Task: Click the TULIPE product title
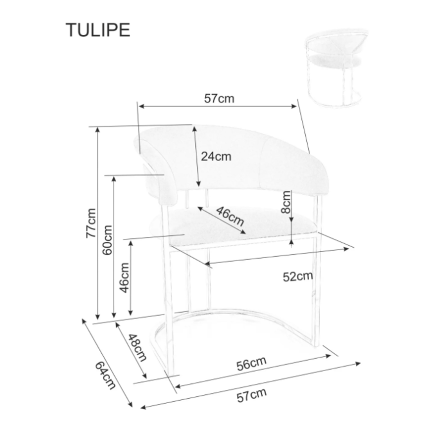tap(98, 30)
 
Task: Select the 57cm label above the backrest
tap(219, 98)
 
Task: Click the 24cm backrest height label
tap(216, 156)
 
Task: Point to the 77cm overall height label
tap(92, 223)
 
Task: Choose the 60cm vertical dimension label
tap(108, 240)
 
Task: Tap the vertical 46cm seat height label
tap(124, 278)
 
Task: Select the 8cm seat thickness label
tap(285, 202)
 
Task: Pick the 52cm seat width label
tap(298, 277)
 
